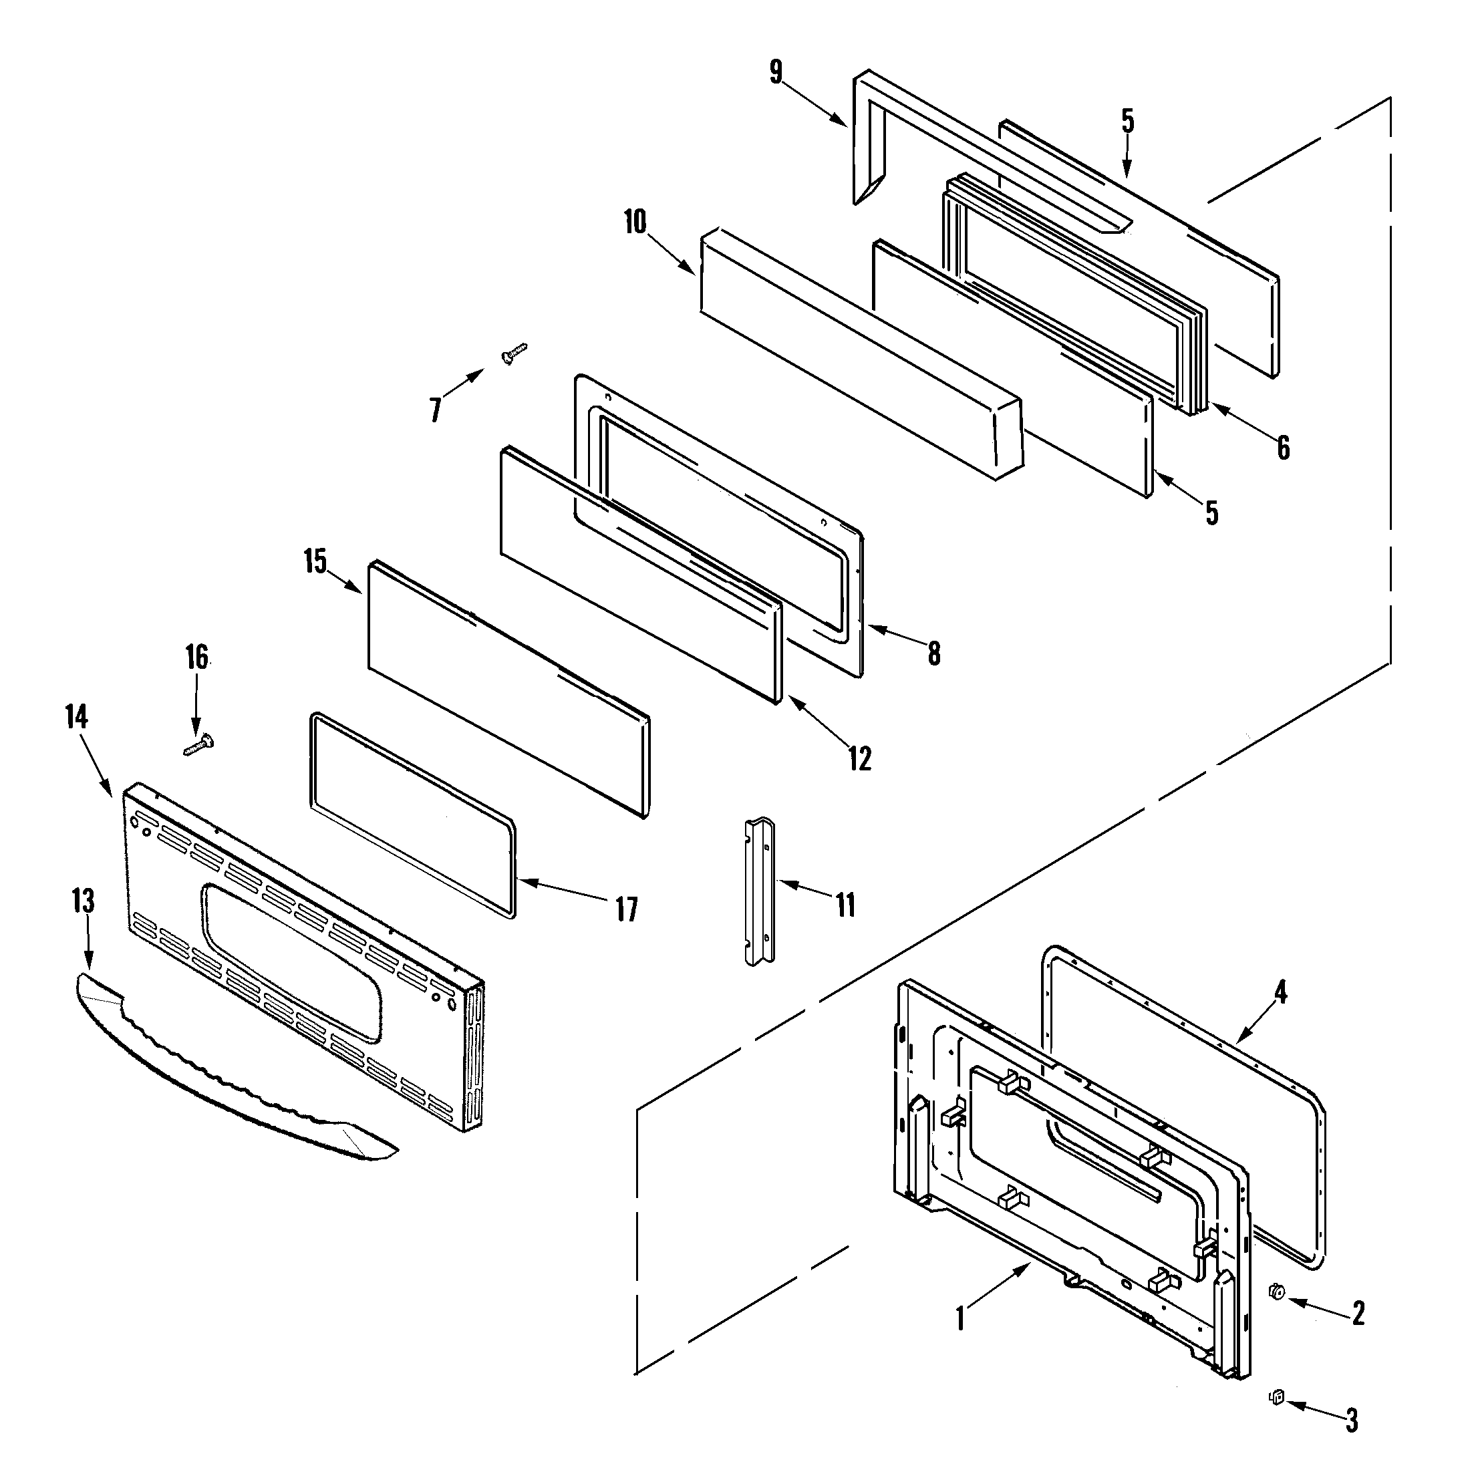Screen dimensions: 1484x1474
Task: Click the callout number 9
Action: [776, 72]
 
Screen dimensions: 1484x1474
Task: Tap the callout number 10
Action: [635, 222]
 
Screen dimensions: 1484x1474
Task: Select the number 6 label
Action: [1284, 447]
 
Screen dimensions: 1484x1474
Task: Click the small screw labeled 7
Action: [514, 353]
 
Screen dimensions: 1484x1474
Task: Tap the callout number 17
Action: [627, 909]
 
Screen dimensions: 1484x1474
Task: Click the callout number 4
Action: [1280, 992]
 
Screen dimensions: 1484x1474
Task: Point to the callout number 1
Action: [960, 1319]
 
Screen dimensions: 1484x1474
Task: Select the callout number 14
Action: [77, 717]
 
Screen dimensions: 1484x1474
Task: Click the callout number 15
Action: [315, 561]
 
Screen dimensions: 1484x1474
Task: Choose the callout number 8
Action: [933, 653]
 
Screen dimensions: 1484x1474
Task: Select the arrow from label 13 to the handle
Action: [87, 941]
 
